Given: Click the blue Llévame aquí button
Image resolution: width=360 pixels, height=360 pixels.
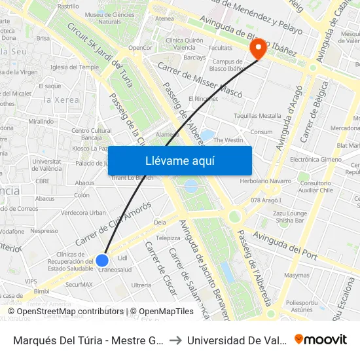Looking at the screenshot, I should [x=179, y=160].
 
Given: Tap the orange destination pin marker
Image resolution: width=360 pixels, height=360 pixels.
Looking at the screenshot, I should [x=257, y=48].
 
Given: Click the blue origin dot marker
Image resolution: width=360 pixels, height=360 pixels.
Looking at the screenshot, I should [x=102, y=261].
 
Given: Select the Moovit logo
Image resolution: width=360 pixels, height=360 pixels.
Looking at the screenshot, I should [x=321, y=340].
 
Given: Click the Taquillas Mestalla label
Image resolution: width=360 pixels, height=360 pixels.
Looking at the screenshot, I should [x=257, y=116].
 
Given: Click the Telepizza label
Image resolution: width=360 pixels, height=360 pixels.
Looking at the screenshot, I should [x=168, y=238].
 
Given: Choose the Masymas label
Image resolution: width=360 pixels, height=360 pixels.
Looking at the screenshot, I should [x=297, y=276].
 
